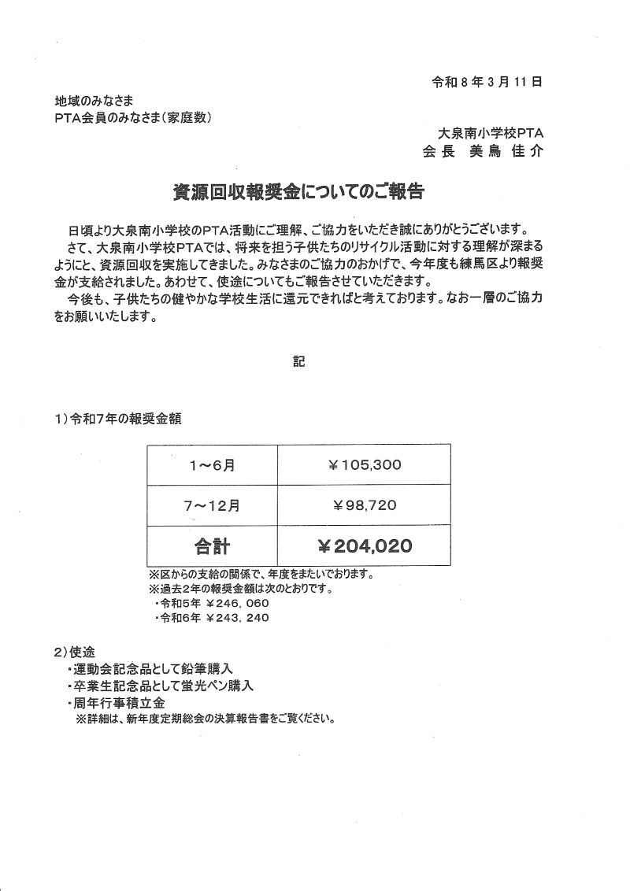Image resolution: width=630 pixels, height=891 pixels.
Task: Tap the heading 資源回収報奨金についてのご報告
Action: pos(298,191)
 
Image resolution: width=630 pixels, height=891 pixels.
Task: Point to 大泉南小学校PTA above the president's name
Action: pos(491,132)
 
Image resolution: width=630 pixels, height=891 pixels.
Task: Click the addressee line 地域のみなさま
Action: pos(94,102)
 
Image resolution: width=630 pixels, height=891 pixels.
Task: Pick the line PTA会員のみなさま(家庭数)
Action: pos(133,117)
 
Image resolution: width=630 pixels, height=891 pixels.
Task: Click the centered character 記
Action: pos(298,364)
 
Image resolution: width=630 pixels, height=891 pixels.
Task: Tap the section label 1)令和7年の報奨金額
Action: pos(119,419)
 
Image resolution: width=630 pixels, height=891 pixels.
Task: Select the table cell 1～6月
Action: pos(212,465)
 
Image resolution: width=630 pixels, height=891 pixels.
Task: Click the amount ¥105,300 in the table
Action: pos(365,465)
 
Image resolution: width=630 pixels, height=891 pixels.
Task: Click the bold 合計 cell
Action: pos(212,545)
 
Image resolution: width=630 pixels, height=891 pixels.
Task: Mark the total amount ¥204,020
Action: pos(365,545)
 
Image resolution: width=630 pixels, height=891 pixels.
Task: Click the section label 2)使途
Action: pos(75,653)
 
